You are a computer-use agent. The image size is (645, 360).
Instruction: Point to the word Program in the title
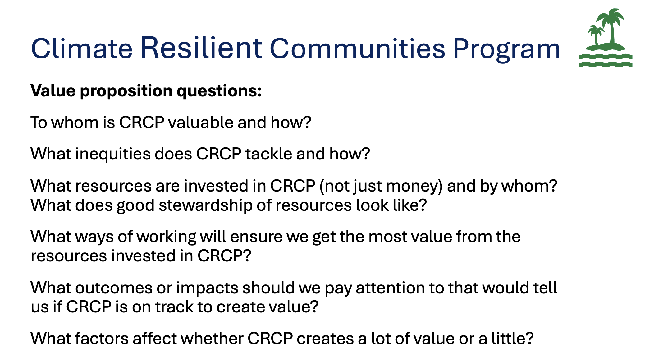point(506,50)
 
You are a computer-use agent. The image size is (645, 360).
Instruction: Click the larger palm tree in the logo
point(611,26)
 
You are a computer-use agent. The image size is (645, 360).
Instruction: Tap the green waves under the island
point(606,61)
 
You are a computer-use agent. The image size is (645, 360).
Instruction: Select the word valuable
point(201,122)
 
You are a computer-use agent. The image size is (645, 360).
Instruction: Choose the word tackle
point(269,154)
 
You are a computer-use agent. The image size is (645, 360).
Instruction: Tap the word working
point(167,237)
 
